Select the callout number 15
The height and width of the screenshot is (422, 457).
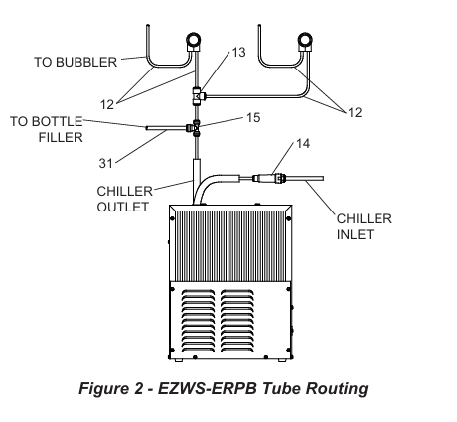click(253, 118)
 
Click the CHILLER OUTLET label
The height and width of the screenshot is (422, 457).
click(123, 200)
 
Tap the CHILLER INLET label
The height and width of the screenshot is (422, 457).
click(366, 226)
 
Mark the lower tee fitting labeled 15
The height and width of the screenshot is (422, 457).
click(197, 127)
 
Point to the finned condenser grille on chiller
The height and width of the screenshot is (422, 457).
click(228, 245)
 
